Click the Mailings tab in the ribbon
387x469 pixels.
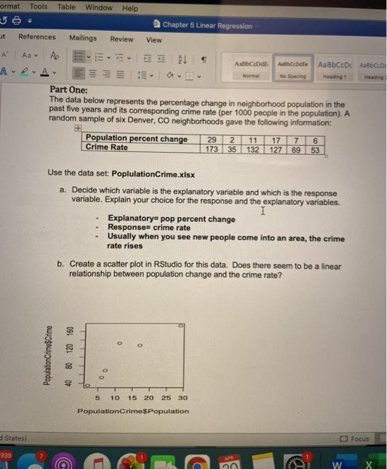click(83, 38)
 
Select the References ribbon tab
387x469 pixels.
click(37, 38)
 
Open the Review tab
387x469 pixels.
click(121, 39)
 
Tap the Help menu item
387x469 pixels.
click(130, 8)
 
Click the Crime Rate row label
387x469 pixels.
click(107, 148)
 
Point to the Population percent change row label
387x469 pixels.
click(137, 139)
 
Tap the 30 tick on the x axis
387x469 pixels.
click(183, 398)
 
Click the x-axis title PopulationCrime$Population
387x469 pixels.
click(133, 411)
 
